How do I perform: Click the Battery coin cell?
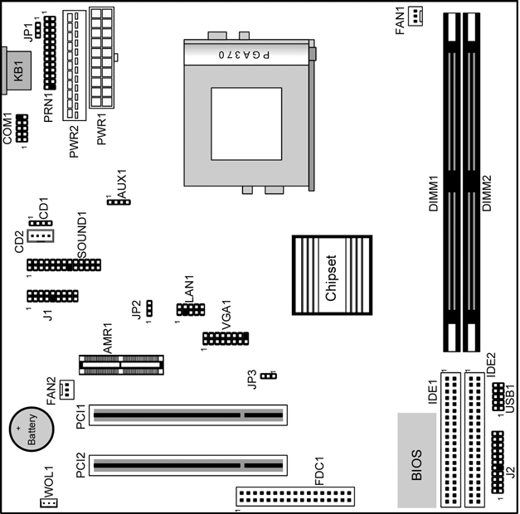32,429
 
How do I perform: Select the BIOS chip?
417,460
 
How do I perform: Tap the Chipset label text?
331,278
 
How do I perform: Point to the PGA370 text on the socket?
244,55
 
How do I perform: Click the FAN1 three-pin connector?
416,16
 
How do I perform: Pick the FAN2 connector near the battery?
67,390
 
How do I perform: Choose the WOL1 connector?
48,503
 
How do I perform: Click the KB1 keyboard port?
17,70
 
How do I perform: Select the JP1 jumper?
38,30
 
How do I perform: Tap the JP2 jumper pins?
149,308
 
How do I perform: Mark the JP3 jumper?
269,376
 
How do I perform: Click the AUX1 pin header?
119,202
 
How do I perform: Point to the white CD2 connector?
40,235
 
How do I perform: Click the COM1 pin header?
22,128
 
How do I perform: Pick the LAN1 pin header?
191,309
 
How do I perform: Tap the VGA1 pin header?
226,338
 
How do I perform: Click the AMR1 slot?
121,365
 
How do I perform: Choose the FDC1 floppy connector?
295,497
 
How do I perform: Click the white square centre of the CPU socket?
246,124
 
